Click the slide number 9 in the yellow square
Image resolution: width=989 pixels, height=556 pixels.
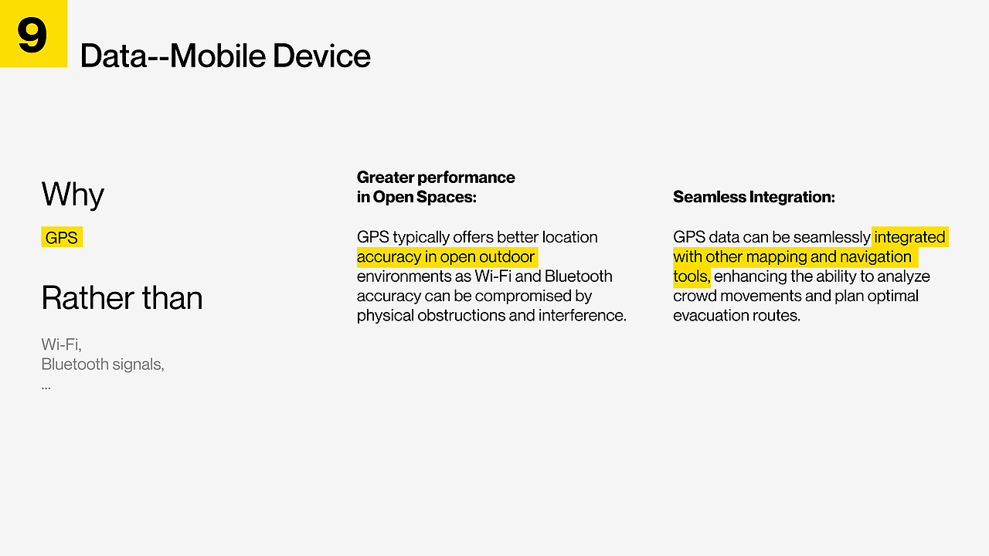coord(32,35)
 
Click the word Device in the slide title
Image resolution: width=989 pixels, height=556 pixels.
coord(321,56)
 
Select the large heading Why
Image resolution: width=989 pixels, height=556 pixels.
coord(73,195)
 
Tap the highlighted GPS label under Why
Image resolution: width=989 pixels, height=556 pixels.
coord(61,237)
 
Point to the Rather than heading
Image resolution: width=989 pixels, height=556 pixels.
coord(122,298)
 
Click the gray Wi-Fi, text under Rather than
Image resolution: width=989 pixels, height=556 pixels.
coord(61,344)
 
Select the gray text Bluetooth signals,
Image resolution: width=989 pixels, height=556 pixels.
coord(103,364)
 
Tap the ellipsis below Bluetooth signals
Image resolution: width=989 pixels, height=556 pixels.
coord(46,388)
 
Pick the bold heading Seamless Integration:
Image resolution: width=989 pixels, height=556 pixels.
coord(754,197)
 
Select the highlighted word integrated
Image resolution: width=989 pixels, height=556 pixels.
coord(909,237)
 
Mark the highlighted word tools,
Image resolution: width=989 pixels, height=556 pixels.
coord(692,276)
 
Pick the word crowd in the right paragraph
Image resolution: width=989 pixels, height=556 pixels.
coord(695,296)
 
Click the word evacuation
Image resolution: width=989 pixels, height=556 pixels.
coord(711,316)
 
